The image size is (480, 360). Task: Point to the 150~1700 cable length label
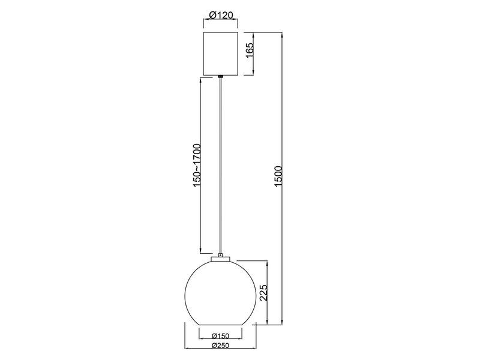click(196, 166)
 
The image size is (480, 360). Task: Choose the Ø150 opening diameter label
click(221, 336)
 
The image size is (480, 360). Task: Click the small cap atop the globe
click(221, 258)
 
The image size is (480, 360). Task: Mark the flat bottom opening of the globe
click(221, 325)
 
